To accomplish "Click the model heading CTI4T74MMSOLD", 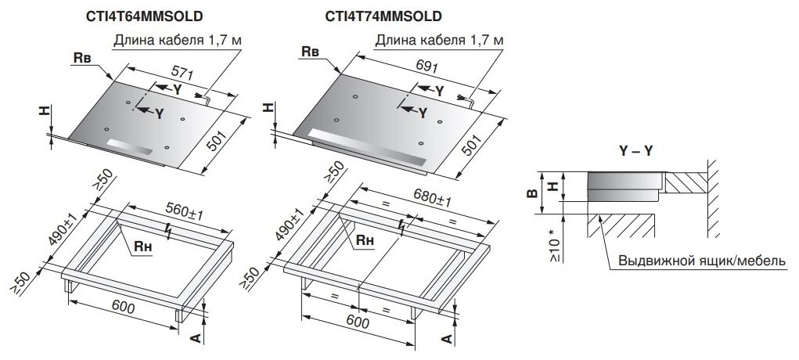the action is [383, 16].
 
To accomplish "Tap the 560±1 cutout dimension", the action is [185, 212].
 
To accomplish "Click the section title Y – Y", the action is [636, 152].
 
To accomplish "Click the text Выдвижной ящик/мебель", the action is [702, 261].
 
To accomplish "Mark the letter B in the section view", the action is [532, 193].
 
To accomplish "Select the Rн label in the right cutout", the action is [365, 241].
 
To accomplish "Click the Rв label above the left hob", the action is [82, 59].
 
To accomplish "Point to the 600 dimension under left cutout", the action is [124, 308].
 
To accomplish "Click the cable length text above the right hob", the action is [440, 40].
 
